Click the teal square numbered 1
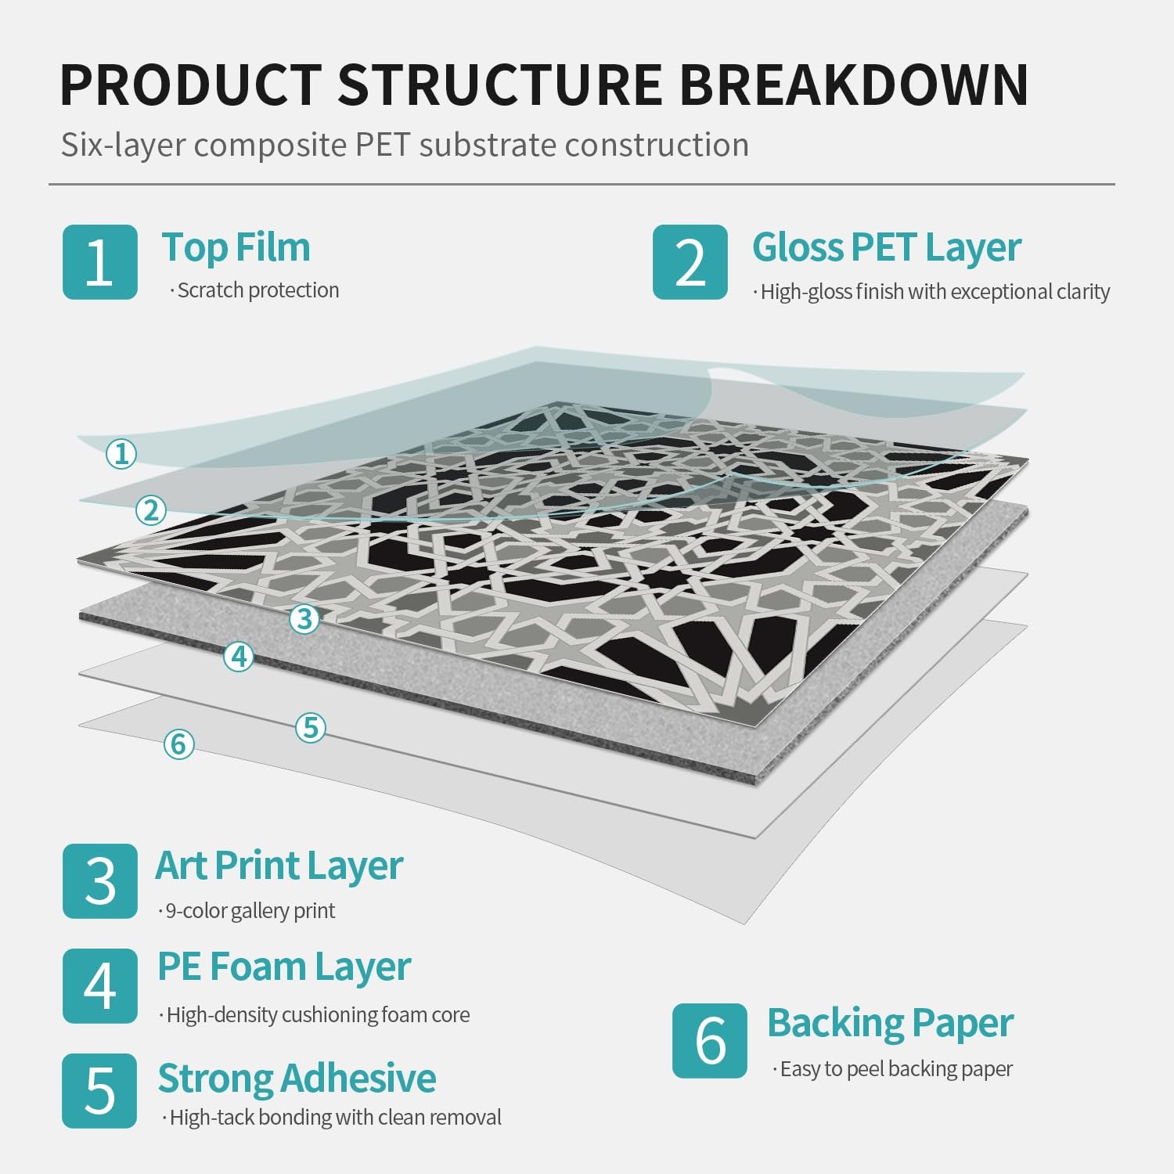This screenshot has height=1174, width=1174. [100, 262]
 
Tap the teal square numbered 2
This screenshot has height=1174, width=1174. [690, 262]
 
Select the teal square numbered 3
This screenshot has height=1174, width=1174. [100, 881]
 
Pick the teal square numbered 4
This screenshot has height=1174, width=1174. [100, 986]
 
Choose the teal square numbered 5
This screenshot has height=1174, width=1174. [100, 1091]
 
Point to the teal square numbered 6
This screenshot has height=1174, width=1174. [710, 1041]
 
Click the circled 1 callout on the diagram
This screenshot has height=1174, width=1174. [121, 453]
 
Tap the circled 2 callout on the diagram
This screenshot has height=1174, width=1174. [151, 510]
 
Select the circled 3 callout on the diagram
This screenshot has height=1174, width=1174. [304, 618]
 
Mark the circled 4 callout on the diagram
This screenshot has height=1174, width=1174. [239, 656]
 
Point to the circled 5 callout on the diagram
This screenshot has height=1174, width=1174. [311, 727]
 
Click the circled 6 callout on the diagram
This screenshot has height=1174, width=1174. [178, 744]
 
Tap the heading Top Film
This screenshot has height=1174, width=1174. [236, 247]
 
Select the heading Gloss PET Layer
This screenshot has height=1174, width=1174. [887, 247]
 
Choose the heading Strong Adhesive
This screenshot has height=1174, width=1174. [297, 1079]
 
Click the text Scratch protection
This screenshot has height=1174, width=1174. [257, 290]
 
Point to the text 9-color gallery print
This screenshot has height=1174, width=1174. [250, 910]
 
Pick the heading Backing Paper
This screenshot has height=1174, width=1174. [890, 1024]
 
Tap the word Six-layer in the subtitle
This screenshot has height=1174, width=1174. [123, 146]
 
